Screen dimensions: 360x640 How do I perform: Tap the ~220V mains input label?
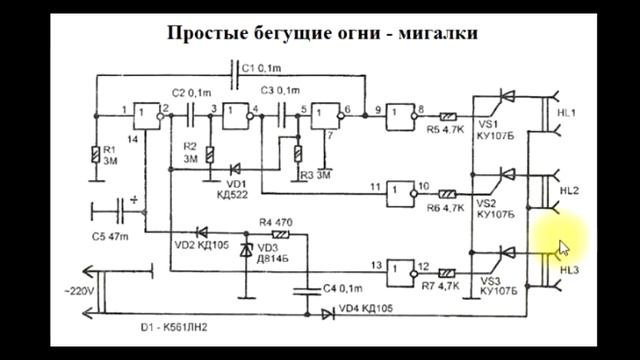click(x=77, y=291)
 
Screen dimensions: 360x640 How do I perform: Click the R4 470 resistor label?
click(x=276, y=222)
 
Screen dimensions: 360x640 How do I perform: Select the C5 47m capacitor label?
click(x=111, y=237)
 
